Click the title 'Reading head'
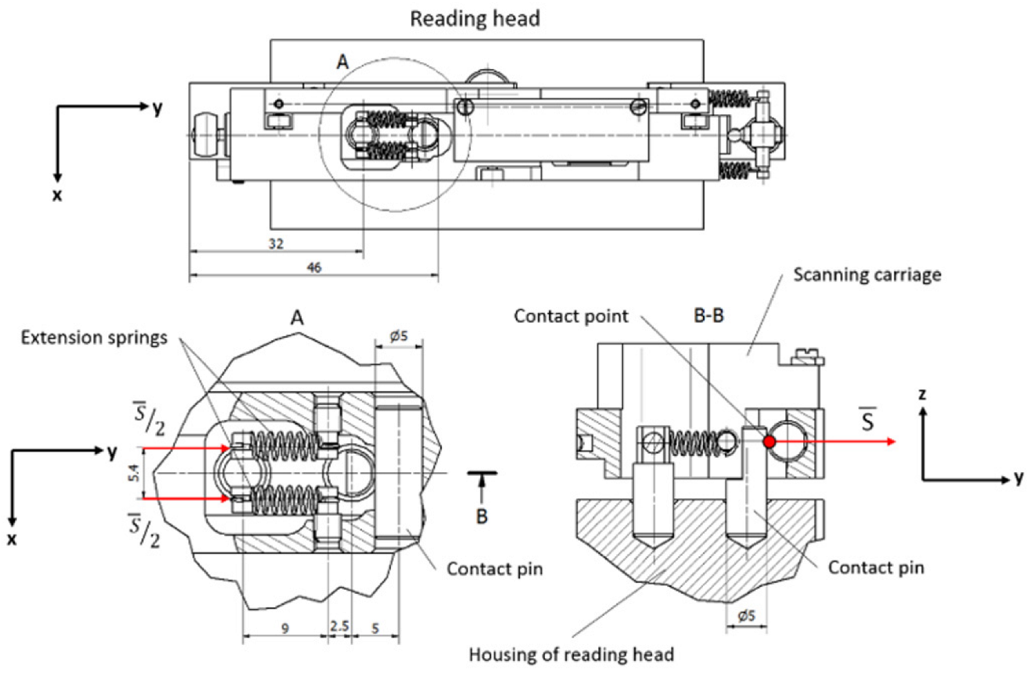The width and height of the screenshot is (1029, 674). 474,19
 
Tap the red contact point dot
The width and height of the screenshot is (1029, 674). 769,442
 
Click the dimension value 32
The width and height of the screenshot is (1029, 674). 276,244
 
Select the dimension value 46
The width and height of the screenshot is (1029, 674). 314,268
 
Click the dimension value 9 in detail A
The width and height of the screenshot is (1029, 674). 285,628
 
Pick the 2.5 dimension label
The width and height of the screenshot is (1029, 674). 339,626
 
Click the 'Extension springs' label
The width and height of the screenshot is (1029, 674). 94,337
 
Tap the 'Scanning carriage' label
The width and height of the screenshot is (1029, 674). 867,274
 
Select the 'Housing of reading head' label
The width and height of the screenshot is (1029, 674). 571,654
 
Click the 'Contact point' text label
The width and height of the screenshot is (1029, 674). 570,316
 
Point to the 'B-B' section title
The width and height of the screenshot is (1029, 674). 709,315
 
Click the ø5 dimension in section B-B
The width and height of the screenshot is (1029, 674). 746,615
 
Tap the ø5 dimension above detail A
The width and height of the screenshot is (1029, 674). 398,336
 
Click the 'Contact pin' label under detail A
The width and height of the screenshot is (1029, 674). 494,569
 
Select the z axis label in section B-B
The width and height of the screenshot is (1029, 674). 922,394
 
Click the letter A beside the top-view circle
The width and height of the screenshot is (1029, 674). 343,62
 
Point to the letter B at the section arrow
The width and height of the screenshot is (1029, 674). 481,516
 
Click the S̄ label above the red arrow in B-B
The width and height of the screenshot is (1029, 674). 867,420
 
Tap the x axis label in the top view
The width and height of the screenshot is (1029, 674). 57,196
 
